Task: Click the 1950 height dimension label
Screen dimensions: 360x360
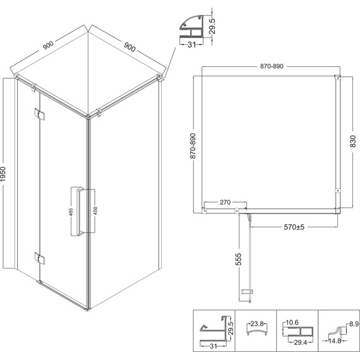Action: (3, 174)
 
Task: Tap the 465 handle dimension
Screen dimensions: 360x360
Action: (71, 212)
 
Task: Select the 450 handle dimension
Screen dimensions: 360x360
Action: (95, 211)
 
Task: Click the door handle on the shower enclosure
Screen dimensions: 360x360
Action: (80, 211)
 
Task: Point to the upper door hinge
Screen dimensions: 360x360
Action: (39, 114)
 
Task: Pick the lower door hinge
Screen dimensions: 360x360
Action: (39, 258)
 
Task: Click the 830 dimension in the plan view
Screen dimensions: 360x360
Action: (353, 141)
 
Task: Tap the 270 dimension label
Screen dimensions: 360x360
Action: (225, 202)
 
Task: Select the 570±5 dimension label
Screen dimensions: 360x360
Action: (294, 227)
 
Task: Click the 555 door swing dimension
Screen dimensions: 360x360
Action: (239, 259)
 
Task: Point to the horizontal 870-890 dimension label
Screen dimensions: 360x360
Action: (272, 66)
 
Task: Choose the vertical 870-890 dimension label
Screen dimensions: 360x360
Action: (193, 146)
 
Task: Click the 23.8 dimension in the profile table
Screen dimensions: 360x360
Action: (256, 324)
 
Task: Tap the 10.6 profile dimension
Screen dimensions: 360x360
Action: (292, 323)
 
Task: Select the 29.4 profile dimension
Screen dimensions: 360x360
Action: (300, 342)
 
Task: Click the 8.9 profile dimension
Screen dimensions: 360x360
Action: (354, 324)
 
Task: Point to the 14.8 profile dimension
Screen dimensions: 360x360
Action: (335, 341)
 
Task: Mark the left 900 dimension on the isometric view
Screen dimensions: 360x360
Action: (48, 45)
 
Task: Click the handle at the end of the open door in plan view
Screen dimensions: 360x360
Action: (247, 292)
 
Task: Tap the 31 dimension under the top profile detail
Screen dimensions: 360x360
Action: (192, 45)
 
